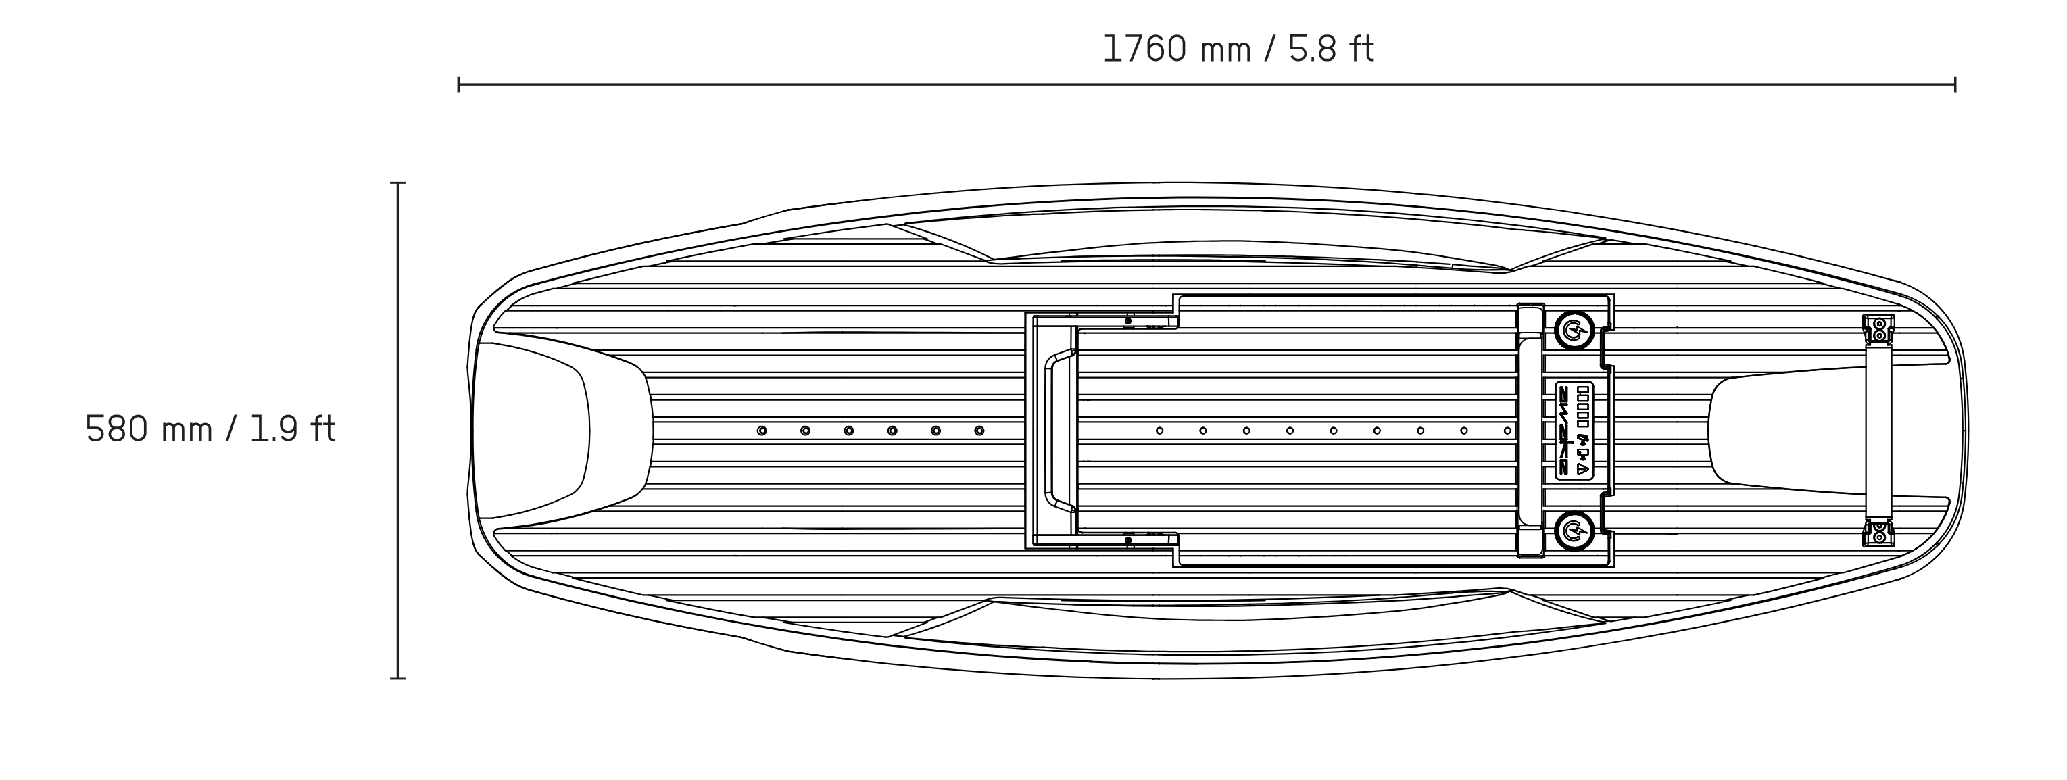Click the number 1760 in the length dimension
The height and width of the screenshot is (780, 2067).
pyautogui.click(x=1145, y=49)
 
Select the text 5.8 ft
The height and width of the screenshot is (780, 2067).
pyautogui.click(x=1331, y=49)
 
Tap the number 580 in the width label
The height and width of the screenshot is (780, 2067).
pyautogui.click(x=116, y=429)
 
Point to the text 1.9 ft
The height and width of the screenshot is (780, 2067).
pyautogui.click(x=292, y=429)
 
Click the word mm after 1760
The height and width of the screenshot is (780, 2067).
pyautogui.click(x=1225, y=51)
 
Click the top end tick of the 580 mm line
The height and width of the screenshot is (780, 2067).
pyautogui.click(x=398, y=183)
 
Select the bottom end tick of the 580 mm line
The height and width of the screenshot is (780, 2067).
pyautogui.click(x=398, y=678)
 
